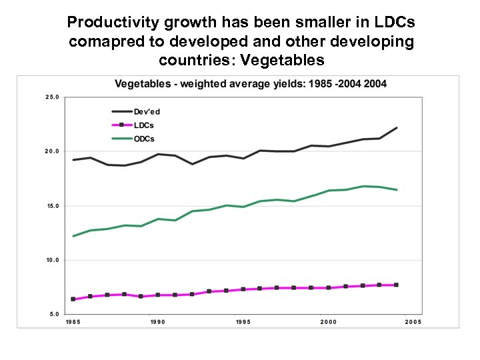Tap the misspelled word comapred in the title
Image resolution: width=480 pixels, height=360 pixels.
tap(103, 42)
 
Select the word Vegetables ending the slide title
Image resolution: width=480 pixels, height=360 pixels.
tap(284, 61)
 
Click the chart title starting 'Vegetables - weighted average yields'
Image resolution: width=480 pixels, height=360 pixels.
tap(251, 84)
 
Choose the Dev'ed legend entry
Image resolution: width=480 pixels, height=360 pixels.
tap(147, 112)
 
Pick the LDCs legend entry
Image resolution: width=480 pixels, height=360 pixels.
tap(144, 125)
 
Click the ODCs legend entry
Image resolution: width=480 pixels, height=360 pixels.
tap(144, 139)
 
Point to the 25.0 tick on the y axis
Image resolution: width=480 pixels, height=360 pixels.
tap(52, 97)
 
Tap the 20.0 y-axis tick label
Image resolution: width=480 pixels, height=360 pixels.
tap(52, 151)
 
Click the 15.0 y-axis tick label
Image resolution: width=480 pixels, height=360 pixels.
tap(52, 206)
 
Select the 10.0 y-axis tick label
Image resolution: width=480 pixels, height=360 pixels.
tap(52, 260)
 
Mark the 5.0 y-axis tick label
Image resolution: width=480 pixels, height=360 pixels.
tap(53, 314)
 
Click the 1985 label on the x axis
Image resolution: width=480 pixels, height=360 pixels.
tap(73, 322)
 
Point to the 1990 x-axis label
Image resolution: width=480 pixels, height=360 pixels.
tap(158, 322)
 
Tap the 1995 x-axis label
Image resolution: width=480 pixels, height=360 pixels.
tap(243, 322)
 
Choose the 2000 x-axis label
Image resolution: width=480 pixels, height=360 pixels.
tap(328, 322)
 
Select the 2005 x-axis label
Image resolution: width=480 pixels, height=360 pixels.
tap(413, 322)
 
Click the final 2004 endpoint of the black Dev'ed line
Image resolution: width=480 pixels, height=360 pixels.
tap(397, 127)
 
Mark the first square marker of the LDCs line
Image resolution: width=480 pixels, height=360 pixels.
tap(73, 299)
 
